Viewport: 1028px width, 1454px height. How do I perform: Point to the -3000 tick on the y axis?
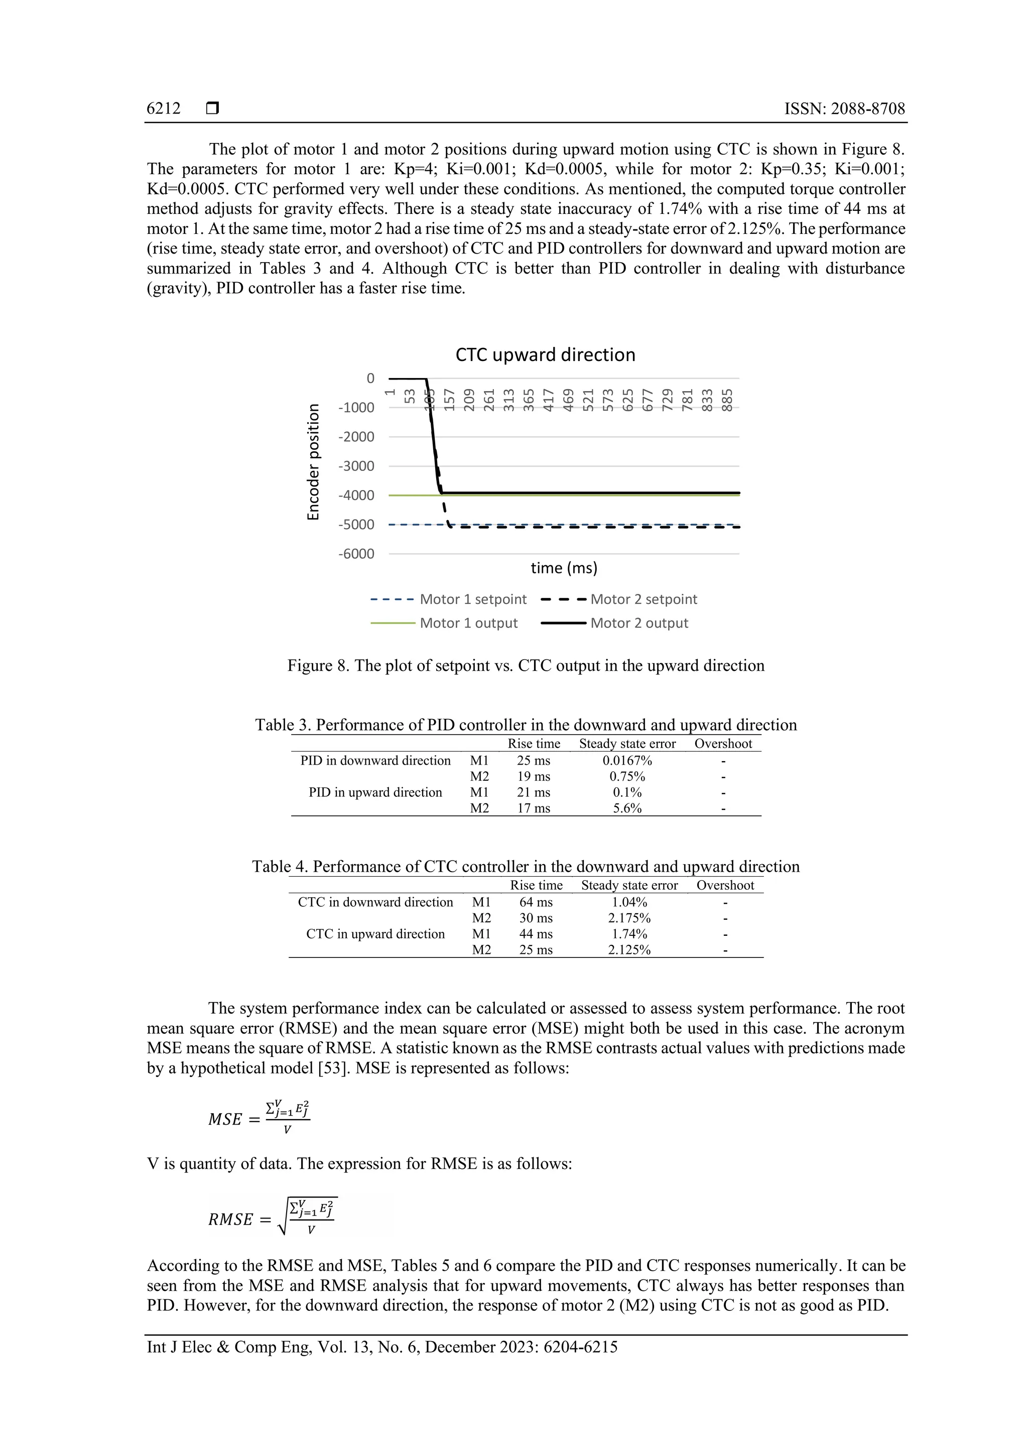pyautogui.click(x=356, y=466)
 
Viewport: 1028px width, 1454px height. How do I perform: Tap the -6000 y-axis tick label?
pyautogui.click(x=356, y=554)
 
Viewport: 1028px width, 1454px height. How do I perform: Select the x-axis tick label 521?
pyautogui.click(x=588, y=400)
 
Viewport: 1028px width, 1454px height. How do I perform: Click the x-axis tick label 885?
pyautogui.click(x=727, y=400)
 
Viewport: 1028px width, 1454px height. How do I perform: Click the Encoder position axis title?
pyautogui.click(x=313, y=462)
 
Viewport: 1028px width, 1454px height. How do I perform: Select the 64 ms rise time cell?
pyautogui.click(x=536, y=902)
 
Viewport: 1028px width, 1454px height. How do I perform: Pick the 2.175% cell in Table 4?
pyautogui.click(x=629, y=918)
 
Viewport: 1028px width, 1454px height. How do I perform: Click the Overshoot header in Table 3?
pyautogui.click(x=723, y=744)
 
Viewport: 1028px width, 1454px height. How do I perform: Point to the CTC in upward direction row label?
pyautogui.click(x=375, y=933)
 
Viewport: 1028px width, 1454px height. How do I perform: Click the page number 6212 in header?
pyautogui.click(x=163, y=109)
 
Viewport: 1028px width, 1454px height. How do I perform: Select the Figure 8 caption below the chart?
pyautogui.click(x=526, y=666)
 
